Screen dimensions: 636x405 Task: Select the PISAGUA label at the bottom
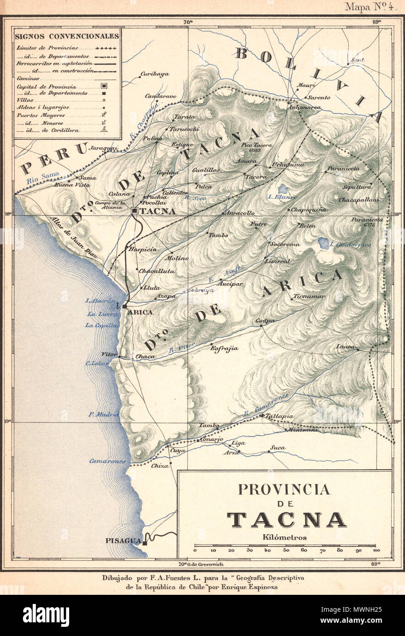pyautogui.click(x=123, y=540)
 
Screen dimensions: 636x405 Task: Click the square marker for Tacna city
pyautogui.click(x=135, y=211)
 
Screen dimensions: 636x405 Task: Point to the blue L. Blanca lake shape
pyautogui.click(x=283, y=189)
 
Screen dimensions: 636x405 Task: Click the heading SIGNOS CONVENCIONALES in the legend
pyautogui.click(x=67, y=36)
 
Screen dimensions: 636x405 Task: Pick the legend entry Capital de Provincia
pyautogui.click(x=46, y=86)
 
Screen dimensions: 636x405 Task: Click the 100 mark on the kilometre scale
pyautogui.click(x=376, y=550)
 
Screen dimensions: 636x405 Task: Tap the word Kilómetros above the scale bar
pyautogui.click(x=285, y=538)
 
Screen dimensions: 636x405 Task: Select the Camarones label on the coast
pyautogui.click(x=107, y=461)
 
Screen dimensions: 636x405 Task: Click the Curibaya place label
pyautogui.click(x=154, y=74)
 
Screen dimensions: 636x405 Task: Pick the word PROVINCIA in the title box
pyautogui.click(x=284, y=489)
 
